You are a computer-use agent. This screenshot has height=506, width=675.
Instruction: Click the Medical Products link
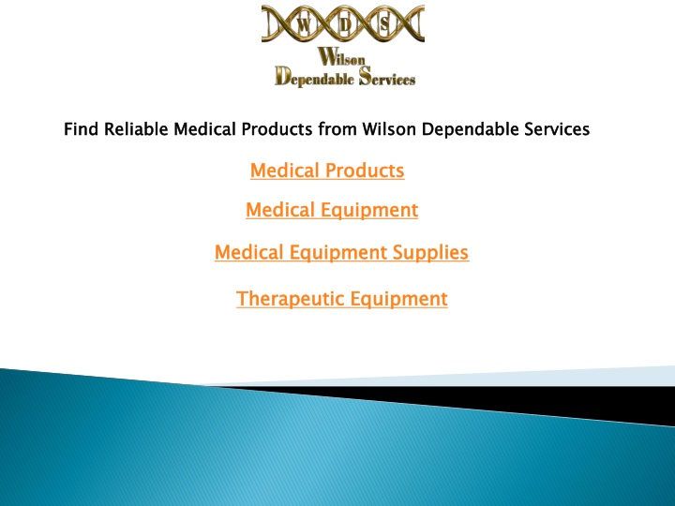click(327, 171)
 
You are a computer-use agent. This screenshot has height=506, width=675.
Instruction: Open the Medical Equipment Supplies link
click(342, 253)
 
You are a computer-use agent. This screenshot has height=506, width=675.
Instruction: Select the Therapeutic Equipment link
click(342, 299)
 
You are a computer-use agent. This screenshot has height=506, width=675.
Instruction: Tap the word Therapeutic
click(291, 299)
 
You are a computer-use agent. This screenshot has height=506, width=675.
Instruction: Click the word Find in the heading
click(81, 129)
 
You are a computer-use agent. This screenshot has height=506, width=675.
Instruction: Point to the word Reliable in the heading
click(136, 129)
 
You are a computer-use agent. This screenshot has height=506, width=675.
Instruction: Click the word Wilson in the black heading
click(389, 129)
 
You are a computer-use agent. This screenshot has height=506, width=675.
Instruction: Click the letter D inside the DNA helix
click(344, 25)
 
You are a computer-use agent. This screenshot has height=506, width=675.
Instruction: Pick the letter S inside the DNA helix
click(384, 25)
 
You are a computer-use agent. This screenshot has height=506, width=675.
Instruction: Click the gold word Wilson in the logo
click(341, 57)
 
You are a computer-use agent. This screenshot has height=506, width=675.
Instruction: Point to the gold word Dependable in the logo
click(314, 78)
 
